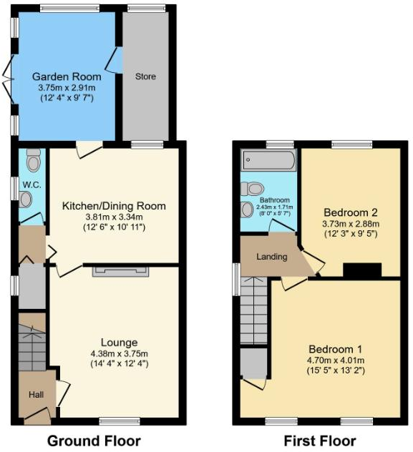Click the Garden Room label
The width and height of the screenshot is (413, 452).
pos(66,77)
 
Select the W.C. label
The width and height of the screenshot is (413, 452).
pos(30,185)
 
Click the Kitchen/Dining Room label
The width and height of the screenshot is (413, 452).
pos(114,206)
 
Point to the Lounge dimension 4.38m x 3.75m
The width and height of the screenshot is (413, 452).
pos(114,353)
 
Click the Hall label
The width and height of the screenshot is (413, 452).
pos(36,394)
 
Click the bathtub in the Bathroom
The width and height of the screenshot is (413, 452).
pos(269,160)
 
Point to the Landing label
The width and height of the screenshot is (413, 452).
pos(272,257)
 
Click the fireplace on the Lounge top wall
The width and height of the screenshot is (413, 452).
pos(120,270)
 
